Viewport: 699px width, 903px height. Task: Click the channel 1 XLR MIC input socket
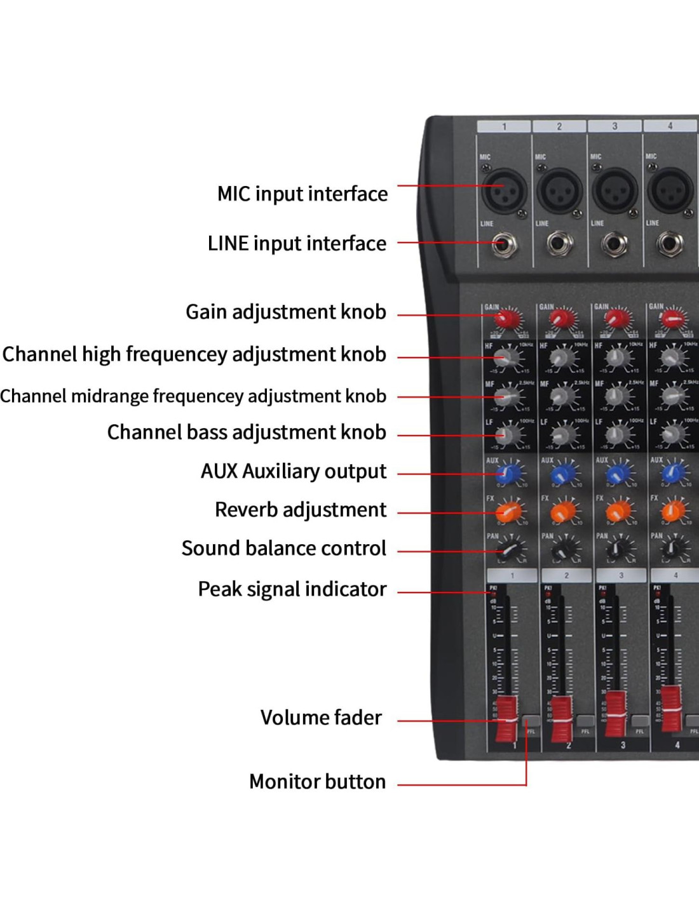point(504,191)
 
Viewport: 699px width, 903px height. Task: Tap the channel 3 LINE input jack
point(615,244)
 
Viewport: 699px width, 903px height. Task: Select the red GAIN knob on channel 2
point(560,318)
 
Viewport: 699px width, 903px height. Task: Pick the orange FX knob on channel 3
point(617,511)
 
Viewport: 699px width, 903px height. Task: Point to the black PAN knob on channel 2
point(561,549)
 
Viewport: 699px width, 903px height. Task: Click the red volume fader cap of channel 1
point(506,718)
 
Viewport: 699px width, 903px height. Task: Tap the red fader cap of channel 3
point(615,715)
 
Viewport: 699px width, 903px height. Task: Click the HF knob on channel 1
point(506,359)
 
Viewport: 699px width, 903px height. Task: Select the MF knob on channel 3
point(616,397)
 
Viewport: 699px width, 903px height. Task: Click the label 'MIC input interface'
point(302,194)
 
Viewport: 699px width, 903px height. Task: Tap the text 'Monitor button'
point(317,781)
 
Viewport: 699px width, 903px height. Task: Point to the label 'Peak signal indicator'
point(292,589)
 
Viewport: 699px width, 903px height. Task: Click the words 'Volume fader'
point(321,718)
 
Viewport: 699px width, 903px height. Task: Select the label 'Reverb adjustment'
point(300,509)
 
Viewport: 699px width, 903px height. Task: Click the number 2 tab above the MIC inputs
point(559,126)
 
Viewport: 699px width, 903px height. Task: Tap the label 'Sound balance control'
point(283,548)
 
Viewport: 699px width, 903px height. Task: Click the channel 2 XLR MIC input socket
point(559,191)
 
